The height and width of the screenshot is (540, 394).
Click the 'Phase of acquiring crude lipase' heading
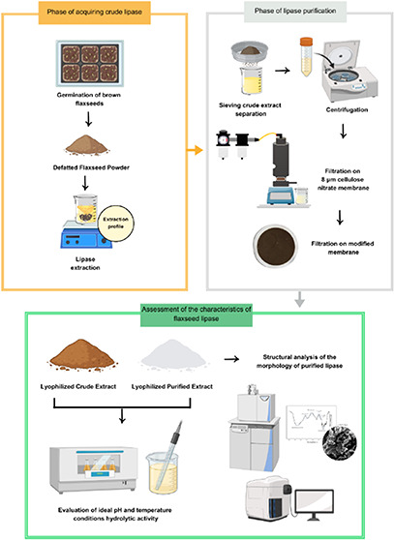94,12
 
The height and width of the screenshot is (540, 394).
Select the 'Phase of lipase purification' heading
295,11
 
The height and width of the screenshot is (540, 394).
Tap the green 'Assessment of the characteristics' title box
197,314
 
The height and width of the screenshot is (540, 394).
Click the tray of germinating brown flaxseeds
89,63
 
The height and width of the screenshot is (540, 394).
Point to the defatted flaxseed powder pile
87,144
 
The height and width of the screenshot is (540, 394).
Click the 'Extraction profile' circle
116,224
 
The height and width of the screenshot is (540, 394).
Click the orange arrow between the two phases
195,150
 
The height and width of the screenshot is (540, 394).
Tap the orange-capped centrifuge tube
306,57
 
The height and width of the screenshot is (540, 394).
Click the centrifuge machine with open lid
349,72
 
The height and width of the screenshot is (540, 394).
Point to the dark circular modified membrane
276,246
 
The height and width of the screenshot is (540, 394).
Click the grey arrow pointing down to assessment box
300,299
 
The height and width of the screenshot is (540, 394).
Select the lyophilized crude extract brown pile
82,354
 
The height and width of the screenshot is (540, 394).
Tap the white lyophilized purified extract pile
173,354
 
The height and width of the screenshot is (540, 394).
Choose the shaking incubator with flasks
93,468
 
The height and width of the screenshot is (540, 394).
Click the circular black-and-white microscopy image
339,443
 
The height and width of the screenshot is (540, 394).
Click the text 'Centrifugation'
347,110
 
